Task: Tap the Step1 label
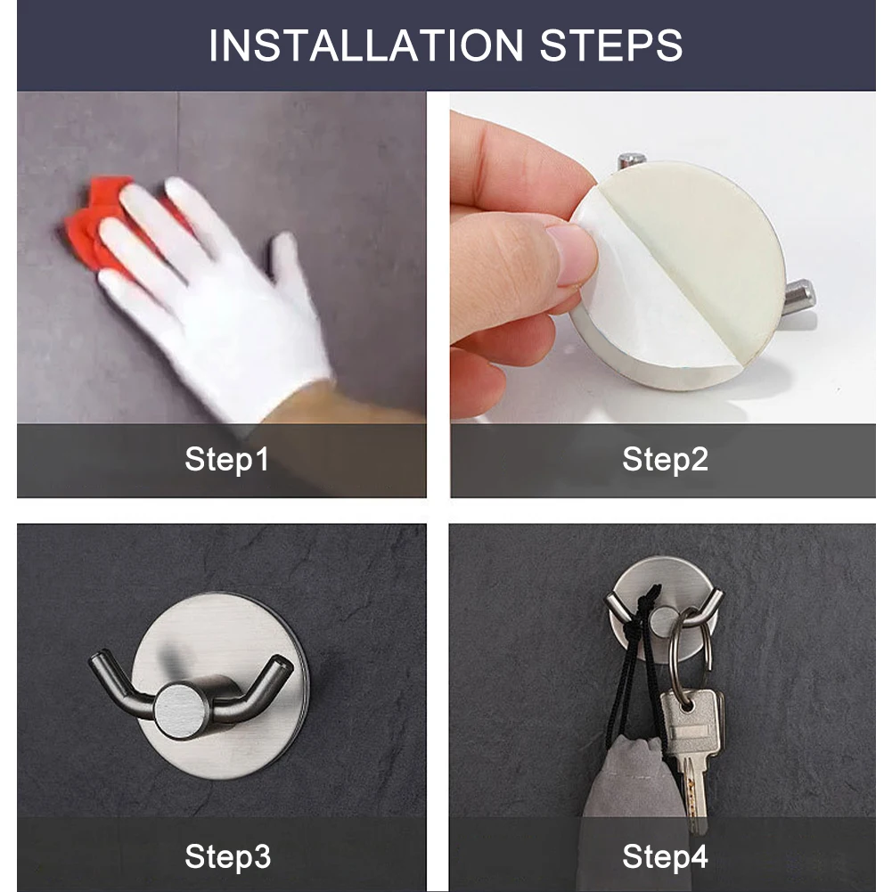[226, 460]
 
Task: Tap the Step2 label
[665, 460]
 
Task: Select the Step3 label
[226, 856]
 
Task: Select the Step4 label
[665, 856]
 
